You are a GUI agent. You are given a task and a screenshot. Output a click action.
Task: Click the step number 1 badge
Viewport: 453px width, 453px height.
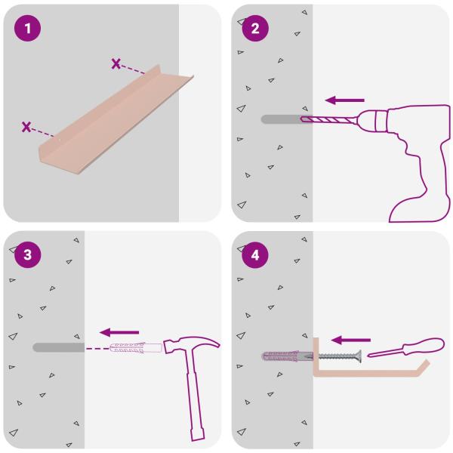tap(27, 29)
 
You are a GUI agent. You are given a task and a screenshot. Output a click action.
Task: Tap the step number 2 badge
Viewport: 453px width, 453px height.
tap(255, 29)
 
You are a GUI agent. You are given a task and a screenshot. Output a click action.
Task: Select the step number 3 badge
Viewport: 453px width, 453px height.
tap(27, 255)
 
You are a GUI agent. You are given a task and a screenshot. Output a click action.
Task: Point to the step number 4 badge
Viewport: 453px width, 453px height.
tap(255, 255)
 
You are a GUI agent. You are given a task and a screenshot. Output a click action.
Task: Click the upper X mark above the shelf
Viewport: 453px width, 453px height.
tap(116, 63)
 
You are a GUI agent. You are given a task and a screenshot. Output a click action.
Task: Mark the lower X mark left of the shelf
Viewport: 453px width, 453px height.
tap(26, 127)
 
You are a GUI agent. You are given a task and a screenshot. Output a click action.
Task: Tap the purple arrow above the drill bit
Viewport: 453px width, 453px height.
tap(345, 100)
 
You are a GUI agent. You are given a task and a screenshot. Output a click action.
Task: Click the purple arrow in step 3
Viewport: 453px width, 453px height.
tap(119, 332)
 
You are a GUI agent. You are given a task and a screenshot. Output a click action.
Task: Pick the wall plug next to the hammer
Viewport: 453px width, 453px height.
tap(135, 348)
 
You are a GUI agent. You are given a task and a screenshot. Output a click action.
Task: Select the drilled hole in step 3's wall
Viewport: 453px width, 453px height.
tap(59, 347)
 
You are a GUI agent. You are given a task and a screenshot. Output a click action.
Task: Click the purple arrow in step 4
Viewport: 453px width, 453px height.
tap(351, 340)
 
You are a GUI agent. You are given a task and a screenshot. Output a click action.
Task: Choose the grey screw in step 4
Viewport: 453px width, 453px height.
tap(340, 356)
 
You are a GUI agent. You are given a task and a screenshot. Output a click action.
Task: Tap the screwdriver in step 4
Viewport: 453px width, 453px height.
tap(406, 347)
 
